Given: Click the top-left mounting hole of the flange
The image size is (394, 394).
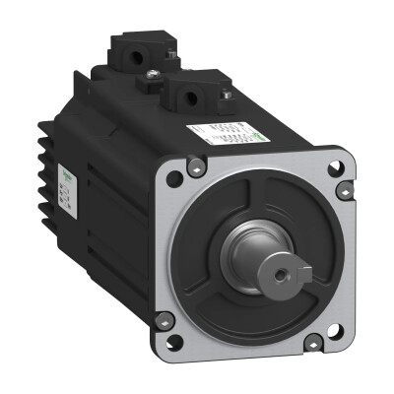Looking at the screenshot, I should point(174,179).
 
